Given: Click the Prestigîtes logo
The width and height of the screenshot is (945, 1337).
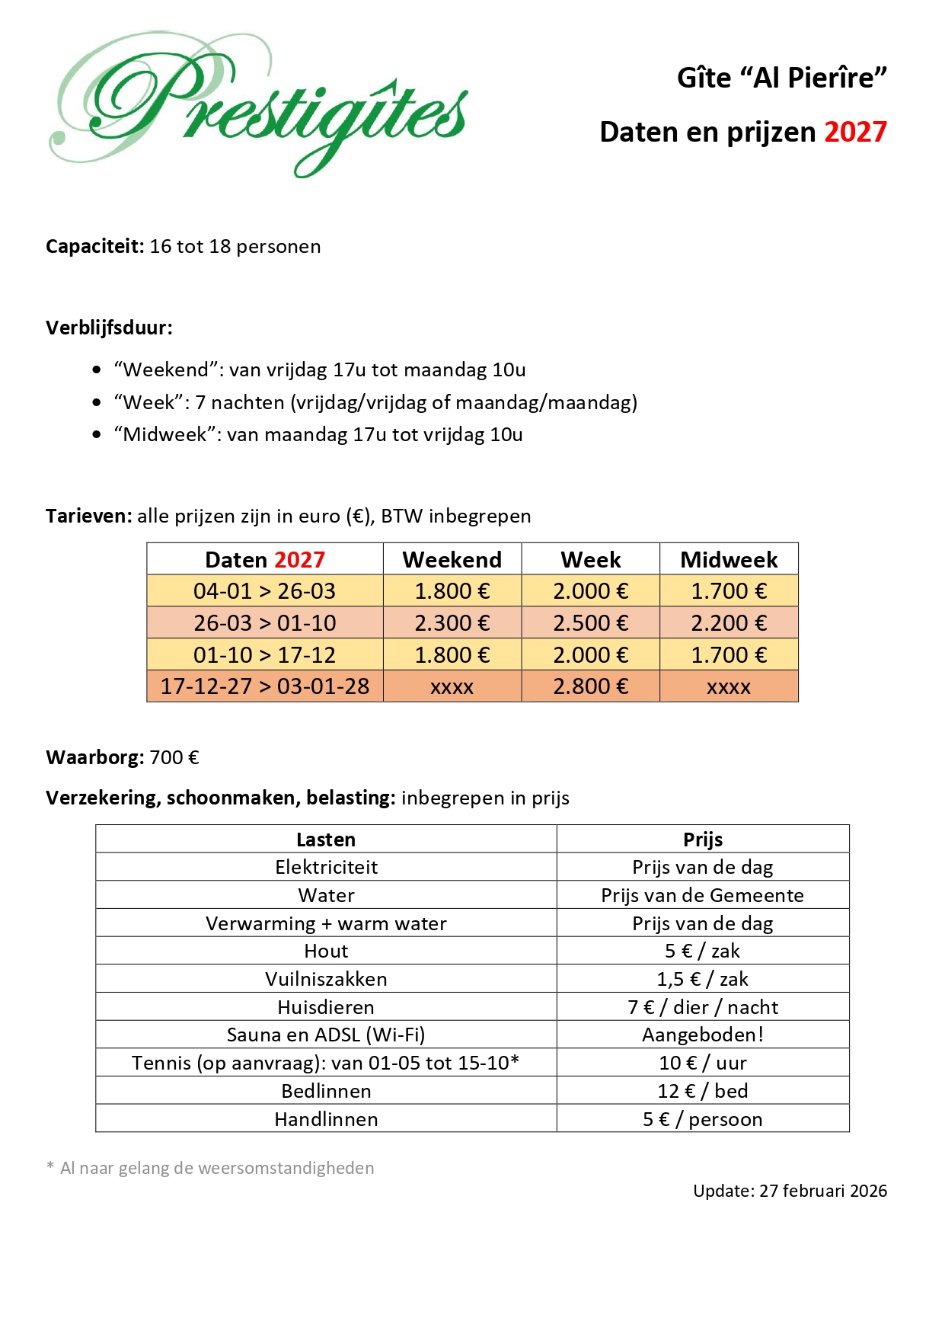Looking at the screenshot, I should (x=259, y=103).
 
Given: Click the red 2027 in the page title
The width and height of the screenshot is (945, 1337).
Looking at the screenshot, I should (x=855, y=133).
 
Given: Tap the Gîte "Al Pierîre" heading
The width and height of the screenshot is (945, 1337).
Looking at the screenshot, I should (x=782, y=78).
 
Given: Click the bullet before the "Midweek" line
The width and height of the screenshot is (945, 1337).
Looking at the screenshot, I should (x=97, y=435).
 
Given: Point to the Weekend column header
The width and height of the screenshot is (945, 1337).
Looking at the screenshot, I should (x=452, y=560).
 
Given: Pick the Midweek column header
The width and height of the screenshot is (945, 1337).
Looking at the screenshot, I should (x=729, y=560).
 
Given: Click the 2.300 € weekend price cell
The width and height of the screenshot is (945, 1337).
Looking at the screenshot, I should (x=452, y=623).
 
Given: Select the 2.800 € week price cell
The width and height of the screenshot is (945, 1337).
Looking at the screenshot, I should (x=590, y=686).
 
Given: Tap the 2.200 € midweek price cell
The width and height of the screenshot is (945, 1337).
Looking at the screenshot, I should (x=729, y=623).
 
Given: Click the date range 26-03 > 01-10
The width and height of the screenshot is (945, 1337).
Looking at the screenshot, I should (x=264, y=623).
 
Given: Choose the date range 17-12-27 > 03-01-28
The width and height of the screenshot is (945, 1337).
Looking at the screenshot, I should (x=264, y=686).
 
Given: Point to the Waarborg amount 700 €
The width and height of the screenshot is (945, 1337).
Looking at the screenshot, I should (x=174, y=758).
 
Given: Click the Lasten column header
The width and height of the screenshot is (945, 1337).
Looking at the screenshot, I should (x=326, y=840).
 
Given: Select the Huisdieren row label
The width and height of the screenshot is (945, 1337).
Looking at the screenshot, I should (x=326, y=1007).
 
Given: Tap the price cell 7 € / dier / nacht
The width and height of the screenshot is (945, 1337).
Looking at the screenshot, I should (x=703, y=1007).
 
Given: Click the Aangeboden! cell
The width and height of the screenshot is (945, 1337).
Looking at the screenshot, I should (x=703, y=1035).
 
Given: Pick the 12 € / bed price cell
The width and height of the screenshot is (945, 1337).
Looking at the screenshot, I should (x=703, y=1091).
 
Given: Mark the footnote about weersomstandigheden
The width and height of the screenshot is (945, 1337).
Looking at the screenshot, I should (x=210, y=1169).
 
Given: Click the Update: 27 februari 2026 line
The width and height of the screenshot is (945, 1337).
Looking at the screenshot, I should (x=790, y=1191).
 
